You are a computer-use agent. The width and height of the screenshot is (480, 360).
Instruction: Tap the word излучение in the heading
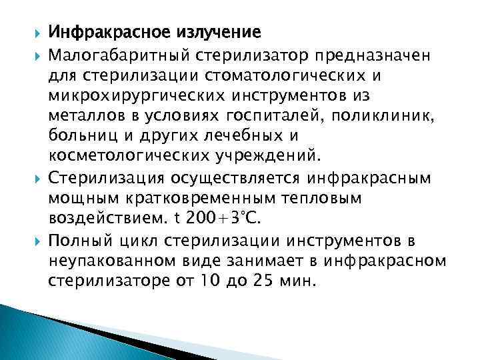(x=213, y=31)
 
